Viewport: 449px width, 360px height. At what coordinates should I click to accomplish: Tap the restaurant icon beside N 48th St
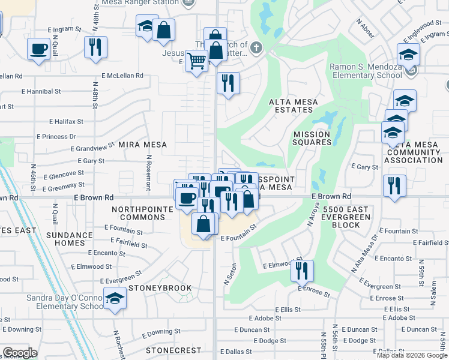click(95, 47)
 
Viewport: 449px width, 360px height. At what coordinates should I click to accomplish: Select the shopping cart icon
click(196, 61)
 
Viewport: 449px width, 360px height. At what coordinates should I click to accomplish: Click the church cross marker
click(256, 48)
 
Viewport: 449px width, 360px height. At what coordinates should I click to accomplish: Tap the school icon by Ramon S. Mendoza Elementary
click(409, 55)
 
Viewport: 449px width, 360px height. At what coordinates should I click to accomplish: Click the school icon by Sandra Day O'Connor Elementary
click(113, 298)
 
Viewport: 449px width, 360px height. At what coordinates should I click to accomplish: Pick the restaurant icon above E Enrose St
click(302, 270)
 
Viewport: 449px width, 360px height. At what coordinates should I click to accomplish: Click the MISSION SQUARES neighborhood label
click(312, 138)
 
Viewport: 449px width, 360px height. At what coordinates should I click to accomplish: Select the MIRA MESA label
click(142, 145)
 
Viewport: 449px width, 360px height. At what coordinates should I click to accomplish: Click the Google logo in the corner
click(19, 353)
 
